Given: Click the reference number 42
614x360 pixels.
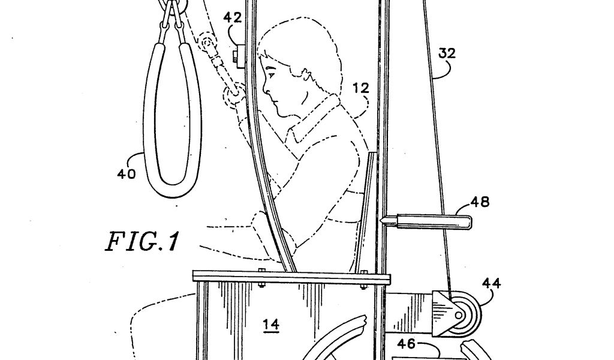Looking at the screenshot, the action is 233,18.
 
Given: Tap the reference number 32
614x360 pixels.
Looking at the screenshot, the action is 447,53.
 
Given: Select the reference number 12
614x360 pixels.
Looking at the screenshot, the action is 360,88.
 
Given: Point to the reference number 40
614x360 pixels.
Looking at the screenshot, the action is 127,174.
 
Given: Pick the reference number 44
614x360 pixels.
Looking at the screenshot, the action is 492,283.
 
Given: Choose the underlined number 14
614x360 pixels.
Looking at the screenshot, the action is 271,325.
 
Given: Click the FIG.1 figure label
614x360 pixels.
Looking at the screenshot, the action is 142,241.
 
